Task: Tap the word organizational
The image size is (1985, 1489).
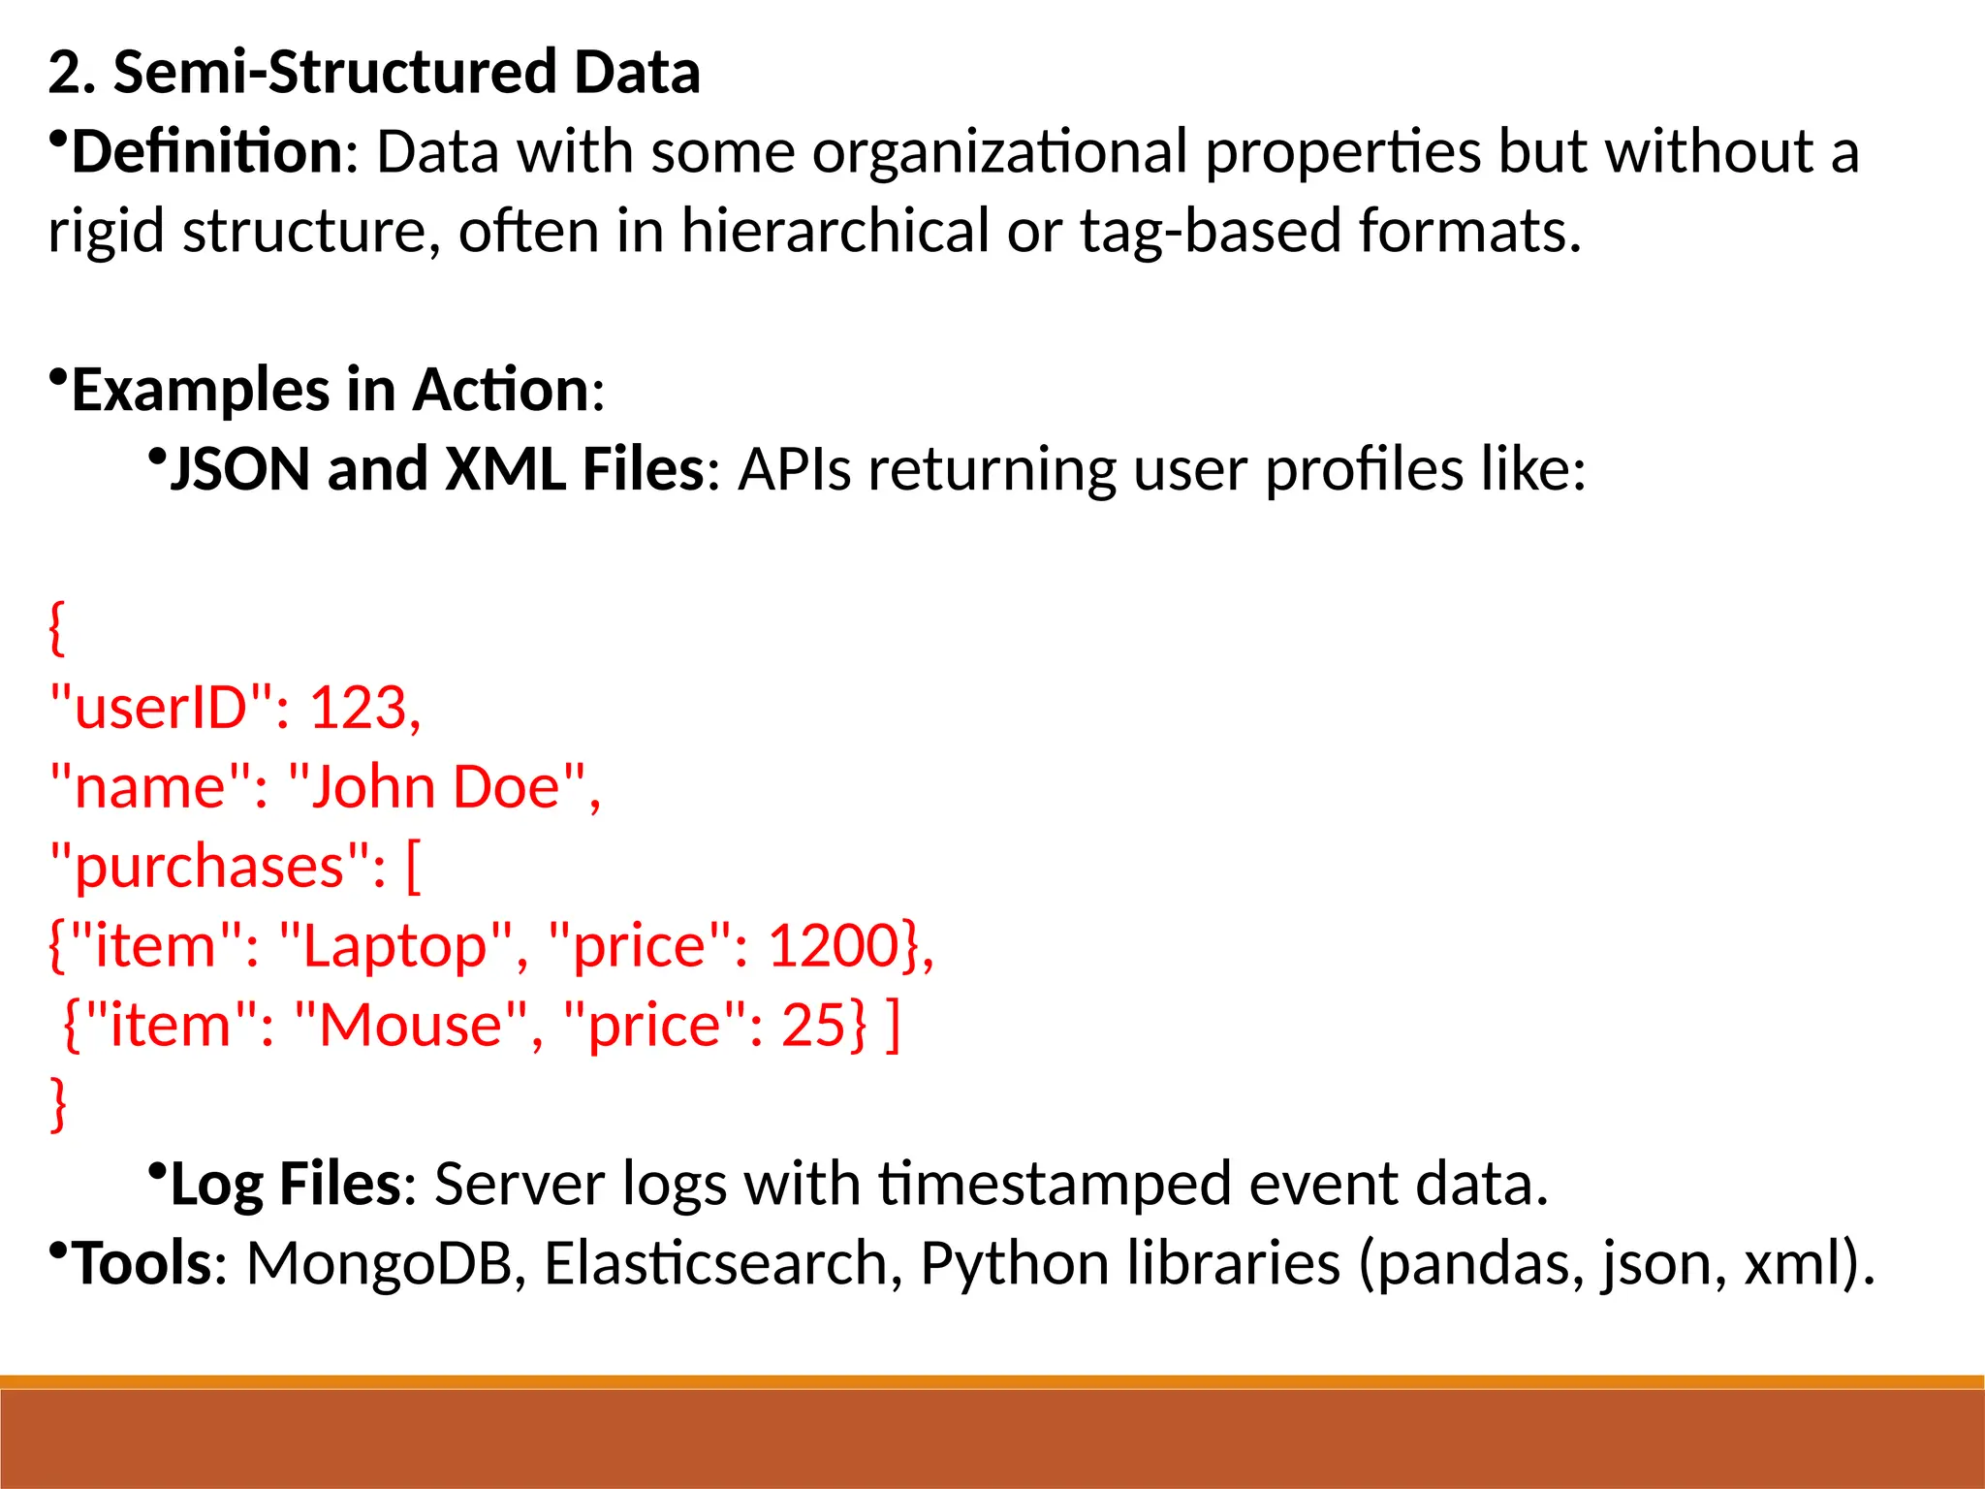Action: pos(999,152)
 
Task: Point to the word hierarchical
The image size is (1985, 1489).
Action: pos(835,232)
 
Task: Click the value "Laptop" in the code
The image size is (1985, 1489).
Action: pos(394,946)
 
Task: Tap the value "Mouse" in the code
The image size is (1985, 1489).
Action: pos(412,1026)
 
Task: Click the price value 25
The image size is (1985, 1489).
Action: pos(813,1026)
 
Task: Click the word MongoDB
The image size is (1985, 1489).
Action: pos(378,1264)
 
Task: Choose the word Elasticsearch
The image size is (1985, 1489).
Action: pos(716,1264)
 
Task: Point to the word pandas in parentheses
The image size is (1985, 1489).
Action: pos(1479,1264)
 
